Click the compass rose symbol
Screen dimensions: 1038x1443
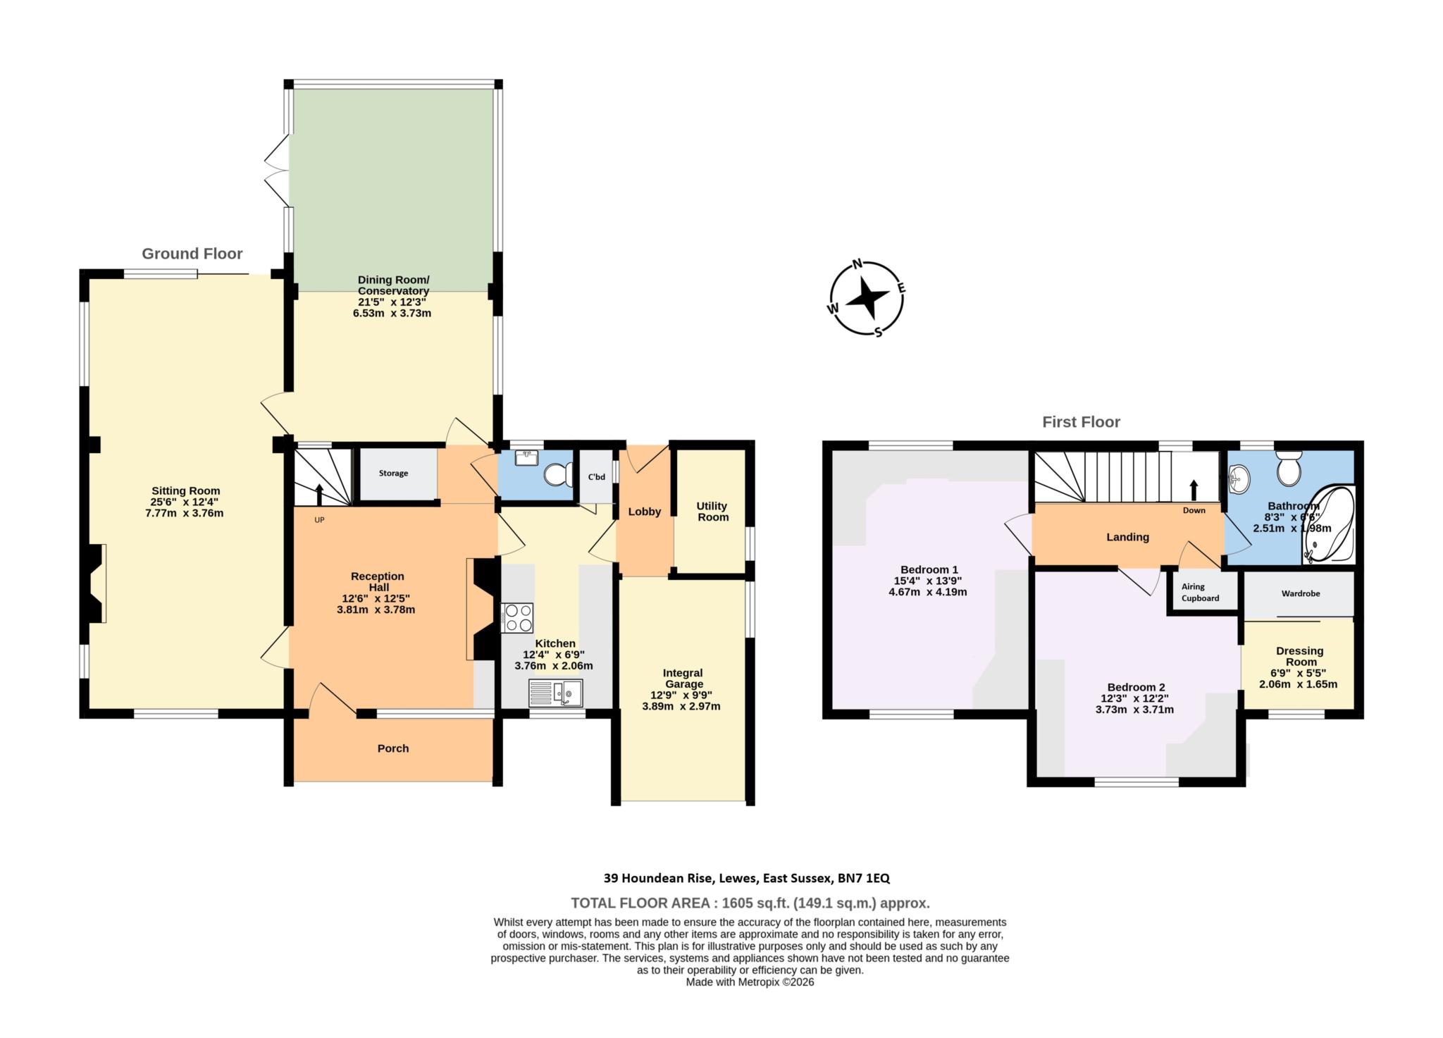(866, 299)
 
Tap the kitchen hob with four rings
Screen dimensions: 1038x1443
(517, 618)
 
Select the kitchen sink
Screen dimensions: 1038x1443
(556, 693)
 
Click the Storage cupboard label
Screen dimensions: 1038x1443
(393, 474)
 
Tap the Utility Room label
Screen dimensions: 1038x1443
(712, 512)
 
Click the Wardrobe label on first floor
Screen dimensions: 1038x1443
(1300, 593)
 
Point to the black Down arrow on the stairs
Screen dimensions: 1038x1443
(1194, 490)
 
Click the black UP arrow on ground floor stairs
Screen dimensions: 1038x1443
(318, 495)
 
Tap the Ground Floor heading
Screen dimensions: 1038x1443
(192, 254)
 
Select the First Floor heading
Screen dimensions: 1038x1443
(1081, 422)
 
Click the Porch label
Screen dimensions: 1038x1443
(393, 748)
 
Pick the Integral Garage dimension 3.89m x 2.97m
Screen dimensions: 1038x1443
(681, 706)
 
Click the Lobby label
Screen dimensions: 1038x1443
(644, 512)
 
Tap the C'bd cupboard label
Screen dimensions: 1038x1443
(596, 477)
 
